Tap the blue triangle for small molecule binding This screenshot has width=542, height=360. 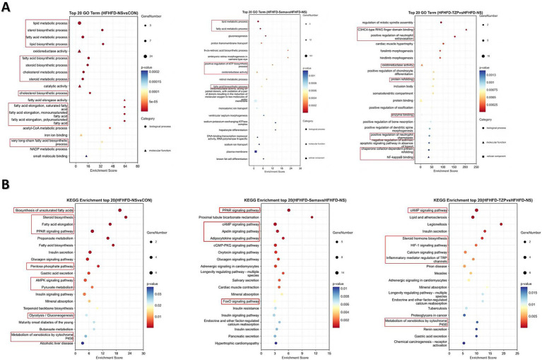pos(86,156)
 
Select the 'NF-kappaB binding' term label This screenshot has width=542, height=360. pos(403,156)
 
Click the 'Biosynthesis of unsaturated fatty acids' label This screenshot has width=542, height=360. pos(44,210)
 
